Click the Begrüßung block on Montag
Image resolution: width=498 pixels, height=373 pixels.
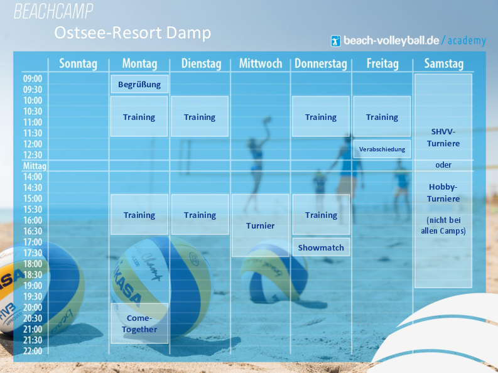point(139,84)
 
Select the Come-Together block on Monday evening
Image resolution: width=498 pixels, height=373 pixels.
point(139,323)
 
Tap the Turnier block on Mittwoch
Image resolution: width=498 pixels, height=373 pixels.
point(261,225)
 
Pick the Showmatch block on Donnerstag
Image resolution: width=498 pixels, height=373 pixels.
point(321,247)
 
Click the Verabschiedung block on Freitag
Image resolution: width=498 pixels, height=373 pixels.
point(382,149)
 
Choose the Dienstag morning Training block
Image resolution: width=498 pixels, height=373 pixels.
point(200,117)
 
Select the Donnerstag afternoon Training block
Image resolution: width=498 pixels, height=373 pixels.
point(321,215)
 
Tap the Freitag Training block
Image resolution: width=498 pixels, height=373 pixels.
point(382,117)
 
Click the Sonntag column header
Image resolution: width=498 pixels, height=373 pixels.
point(78,63)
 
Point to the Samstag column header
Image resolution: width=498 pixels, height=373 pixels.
point(444,63)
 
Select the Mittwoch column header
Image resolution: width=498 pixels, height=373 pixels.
point(261,63)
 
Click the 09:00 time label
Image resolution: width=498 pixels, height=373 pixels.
point(33,78)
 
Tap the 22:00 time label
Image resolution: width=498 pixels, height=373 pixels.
point(33,351)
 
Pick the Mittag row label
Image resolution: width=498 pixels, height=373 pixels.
point(35,166)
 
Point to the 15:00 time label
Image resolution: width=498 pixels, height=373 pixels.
point(33,198)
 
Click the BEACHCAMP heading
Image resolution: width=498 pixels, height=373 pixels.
point(53,11)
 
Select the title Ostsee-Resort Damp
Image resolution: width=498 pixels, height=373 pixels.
point(133,33)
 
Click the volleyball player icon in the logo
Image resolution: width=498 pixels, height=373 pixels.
point(336,41)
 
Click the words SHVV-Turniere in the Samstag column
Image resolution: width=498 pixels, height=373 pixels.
point(443,138)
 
